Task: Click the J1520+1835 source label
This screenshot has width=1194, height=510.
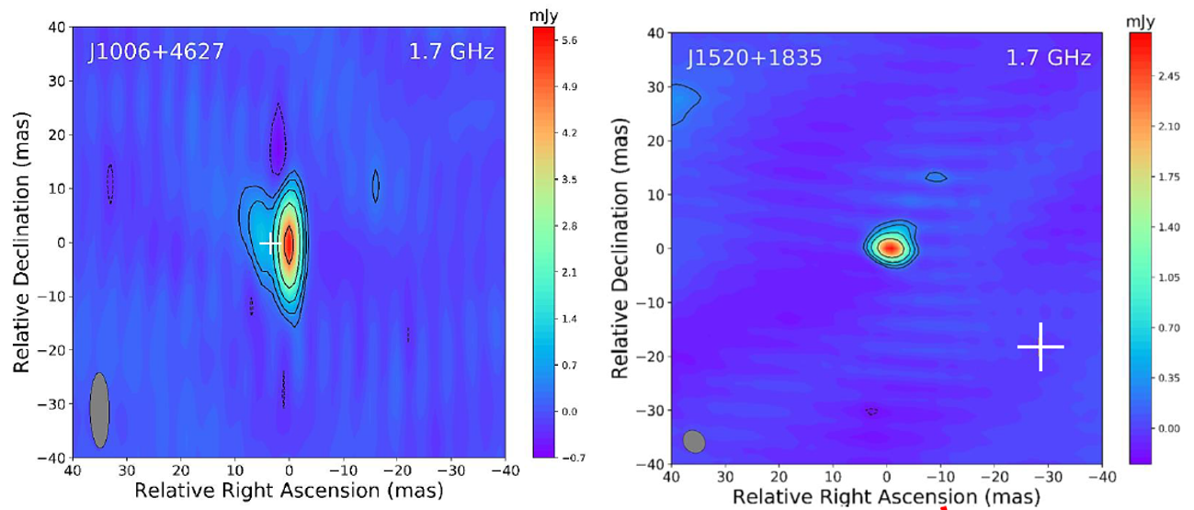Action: (754, 59)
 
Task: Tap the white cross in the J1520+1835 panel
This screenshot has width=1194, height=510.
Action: (1040, 346)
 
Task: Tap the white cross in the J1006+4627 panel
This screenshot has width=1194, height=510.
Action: (270, 244)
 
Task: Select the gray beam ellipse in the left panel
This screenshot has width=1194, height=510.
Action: (99, 410)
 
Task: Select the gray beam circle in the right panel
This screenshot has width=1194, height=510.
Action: (694, 442)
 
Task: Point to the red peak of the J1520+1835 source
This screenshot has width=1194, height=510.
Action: (888, 247)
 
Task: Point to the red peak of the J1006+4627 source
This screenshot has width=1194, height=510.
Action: (289, 244)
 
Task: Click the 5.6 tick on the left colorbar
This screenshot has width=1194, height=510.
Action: (569, 41)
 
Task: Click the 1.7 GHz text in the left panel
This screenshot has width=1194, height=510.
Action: (451, 51)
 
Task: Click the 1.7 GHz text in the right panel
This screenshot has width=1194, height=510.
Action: (1049, 59)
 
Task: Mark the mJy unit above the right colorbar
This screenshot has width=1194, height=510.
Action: (1143, 21)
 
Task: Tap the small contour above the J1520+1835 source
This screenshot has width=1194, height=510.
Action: (936, 176)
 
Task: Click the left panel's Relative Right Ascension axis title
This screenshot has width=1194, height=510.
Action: (289, 491)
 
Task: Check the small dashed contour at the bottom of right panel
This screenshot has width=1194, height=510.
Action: (871, 412)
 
